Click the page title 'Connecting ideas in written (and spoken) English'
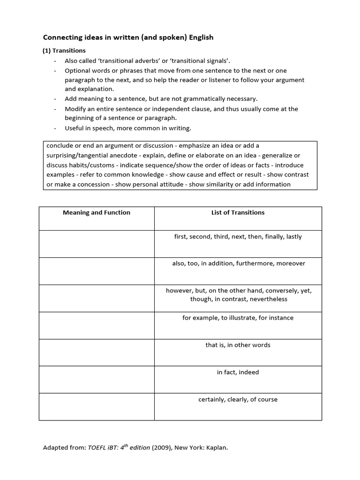click(x=128, y=37)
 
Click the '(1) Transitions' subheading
click(x=64, y=51)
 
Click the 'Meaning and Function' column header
click(x=97, y=213)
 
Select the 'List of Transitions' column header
click(x=238, y=213)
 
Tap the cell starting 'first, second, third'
click(x=238, y=237)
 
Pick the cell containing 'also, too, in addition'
click(x=238, y=263)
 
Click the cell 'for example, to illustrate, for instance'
click(x=238, y=318)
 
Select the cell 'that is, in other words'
click(x=238, y=345)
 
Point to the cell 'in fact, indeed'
click(x=238, y=372)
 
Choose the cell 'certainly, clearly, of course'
click(x=238, y=399)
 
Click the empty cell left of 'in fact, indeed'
click(x=97, y=380)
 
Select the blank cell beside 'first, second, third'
click(x=97, y=244)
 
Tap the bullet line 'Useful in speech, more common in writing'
click(x=128, y=128)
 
